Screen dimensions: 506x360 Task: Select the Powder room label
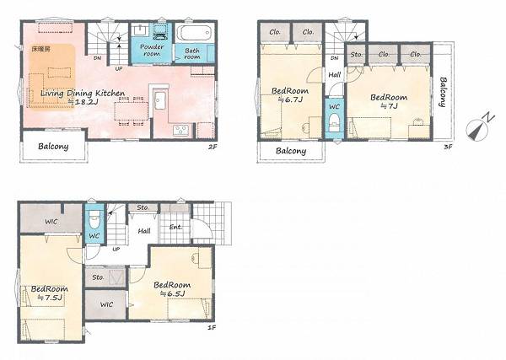pos(152,50)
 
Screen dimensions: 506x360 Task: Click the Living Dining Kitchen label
pos(83,94)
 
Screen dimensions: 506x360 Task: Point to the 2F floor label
pos(213,147)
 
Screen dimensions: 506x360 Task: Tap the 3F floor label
pos(449,147)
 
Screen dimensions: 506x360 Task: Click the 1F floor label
pos(212,328)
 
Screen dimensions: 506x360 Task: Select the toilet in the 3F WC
pos(334,124)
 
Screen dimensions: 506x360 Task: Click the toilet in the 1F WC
pos(94,218)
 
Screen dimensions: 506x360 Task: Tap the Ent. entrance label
pos(175,227)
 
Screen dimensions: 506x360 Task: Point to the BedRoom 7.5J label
pos(50,293)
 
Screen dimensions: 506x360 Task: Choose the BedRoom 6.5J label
pos(172,289)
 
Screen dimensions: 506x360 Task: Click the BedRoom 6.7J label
pos(290,94)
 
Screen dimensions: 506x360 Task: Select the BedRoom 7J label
pos(389,101)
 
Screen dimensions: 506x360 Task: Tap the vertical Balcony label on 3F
pos(443,92)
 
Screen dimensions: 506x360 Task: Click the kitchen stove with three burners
pos(180,131)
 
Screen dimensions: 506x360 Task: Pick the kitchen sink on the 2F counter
pos(160,100)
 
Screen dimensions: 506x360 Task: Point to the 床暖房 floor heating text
pos(41,49)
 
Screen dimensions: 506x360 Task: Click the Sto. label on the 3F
pos(357,54)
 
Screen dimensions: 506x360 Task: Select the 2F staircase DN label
pos(98,58)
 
